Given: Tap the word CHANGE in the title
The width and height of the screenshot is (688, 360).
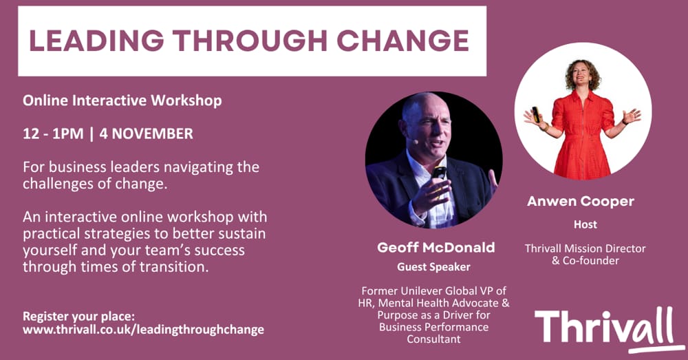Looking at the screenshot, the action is (403, 41).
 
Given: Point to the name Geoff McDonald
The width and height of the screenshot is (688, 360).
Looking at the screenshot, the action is (436, 247).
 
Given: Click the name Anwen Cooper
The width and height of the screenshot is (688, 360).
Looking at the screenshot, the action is (581, 201).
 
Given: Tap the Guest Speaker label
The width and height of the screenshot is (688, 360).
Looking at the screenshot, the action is (433, 267).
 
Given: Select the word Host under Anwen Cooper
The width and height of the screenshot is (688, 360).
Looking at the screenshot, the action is (585, 224).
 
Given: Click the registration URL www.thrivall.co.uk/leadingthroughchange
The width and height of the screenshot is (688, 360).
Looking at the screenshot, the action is (144, 329).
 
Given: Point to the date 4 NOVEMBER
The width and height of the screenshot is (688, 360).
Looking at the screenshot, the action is (146, 134).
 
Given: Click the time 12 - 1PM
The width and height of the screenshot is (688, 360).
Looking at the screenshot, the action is (53, 134).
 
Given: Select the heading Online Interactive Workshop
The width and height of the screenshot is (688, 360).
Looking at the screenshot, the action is (122, 100).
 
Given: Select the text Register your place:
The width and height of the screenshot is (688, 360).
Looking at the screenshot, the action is (79, 317).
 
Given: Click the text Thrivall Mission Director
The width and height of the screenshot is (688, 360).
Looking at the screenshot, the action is (585, 248).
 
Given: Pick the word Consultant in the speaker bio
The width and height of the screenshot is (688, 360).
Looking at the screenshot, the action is (433, 339).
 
